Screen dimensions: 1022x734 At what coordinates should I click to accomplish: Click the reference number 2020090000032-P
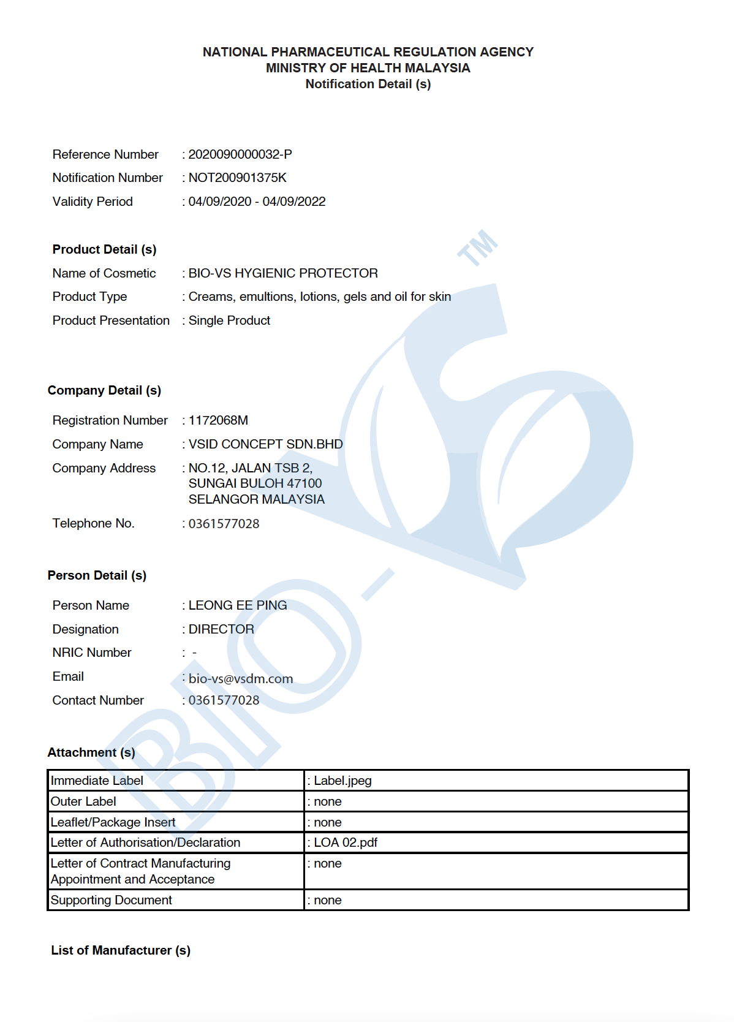coord(240,154)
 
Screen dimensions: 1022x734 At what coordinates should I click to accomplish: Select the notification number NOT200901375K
coord(237,178)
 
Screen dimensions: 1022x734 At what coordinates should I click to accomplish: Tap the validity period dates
coord(257,202)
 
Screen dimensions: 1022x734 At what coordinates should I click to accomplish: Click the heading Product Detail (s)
coord(104,249)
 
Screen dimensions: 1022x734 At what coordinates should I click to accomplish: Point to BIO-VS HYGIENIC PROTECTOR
coord(283,273)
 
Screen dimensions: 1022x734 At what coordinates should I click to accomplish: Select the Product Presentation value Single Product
coord(229,320)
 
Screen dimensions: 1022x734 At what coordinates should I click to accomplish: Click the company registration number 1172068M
coord(218,420)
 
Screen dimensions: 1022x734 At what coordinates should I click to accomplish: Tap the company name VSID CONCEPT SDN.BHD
coord(265,444)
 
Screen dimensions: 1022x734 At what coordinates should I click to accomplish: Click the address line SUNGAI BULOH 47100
coord(255,483)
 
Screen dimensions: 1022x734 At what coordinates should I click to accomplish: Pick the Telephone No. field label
coord(93,523)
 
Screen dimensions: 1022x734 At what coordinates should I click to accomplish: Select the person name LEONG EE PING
coord(238,605)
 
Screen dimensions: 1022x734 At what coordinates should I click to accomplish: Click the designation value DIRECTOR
coord(221,629)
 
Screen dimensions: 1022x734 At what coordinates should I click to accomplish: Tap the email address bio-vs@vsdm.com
coord(241,679)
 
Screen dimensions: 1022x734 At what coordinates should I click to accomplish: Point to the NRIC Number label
coord(92,653)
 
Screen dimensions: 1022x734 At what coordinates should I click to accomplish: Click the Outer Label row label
coord(83,801)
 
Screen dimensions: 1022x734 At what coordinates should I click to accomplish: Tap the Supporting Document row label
coord(111,900)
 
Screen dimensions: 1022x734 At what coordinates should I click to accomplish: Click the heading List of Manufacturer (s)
coord(121,950)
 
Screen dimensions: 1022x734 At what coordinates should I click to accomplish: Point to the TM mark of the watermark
coord(478,248)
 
